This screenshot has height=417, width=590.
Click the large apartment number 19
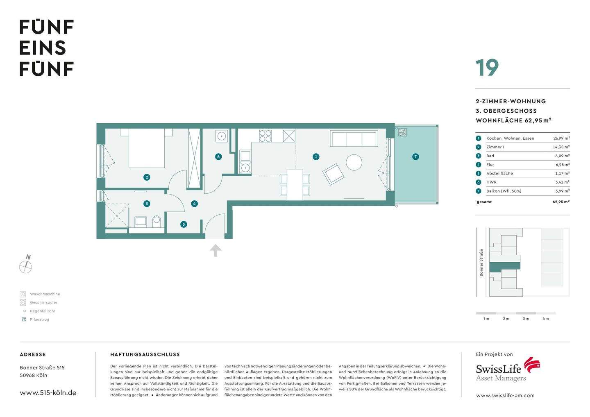point(487,68)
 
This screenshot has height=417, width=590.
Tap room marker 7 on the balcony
point(415,156)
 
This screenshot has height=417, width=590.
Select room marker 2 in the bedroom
point(147,177)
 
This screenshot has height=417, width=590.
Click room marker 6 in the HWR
point(218,156)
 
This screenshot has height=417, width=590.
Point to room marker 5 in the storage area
point(184,224)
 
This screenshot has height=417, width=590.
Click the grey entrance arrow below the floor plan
point(216,250)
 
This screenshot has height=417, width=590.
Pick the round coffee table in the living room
point(354,162)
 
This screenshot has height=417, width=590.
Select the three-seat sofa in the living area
point(354,139)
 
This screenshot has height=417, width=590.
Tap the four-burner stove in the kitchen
point(265,136)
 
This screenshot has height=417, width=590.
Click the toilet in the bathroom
point(157,222)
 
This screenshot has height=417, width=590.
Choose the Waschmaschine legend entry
point(45,294)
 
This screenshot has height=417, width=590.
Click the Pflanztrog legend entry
point(39,320)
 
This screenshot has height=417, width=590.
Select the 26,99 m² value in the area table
point(561,138)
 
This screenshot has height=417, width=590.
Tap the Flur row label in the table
point(490,165)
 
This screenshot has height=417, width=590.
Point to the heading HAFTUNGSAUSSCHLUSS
point(145,354)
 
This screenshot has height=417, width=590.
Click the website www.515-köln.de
point(48,392)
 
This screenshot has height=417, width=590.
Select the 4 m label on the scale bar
point(545,319)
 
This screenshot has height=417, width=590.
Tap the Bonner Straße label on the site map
point(481,263)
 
